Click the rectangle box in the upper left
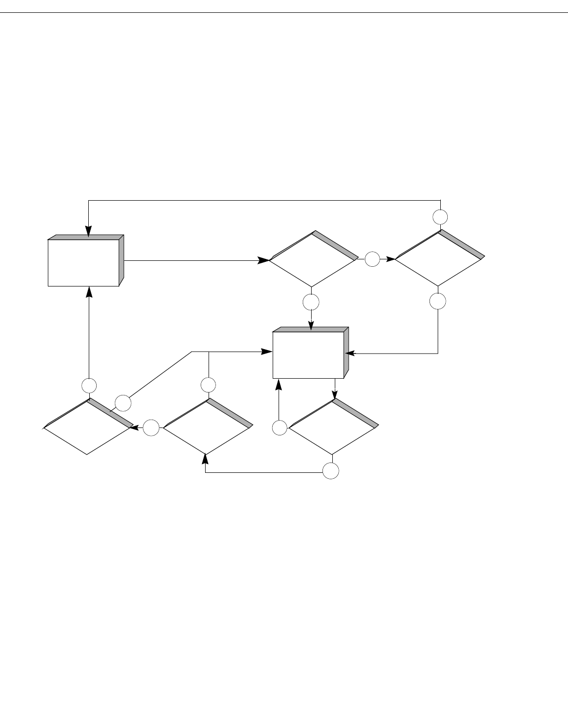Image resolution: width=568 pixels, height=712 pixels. pyautogui.click(x=84, y=262)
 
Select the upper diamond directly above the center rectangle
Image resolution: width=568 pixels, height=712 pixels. pyautogui.click(x=312, y=259)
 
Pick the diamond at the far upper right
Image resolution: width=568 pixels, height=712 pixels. pyautogui.click(x=439, y=258)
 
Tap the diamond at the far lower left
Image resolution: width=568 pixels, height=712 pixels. pyautogui.click(x=87, y=427)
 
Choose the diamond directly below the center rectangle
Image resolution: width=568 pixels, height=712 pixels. pyautogui.click(x=333, y=427)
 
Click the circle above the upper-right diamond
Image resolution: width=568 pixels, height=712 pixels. pyautogui.click(x=440, y=216)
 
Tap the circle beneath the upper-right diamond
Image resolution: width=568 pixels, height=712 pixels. pyautogui.click(x=438, y=301)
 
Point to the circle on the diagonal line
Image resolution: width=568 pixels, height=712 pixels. pyautogui.click(x=123, y=403)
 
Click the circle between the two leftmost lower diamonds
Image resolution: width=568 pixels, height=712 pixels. pyautogui.click(x=151, y=427)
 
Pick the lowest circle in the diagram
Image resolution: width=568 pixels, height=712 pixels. pyautogui.click(x=331, y=471)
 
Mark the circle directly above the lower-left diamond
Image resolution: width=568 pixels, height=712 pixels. pyautogui.click(x=89, y=385)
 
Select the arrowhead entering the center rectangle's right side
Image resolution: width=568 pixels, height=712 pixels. pyautogui.click(x=350, y=353)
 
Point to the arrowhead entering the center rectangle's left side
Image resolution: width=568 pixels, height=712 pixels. pyautogui.click(x=267, y=352)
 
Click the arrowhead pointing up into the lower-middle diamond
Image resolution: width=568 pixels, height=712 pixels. pyautogui.click(x=205, y=459)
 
